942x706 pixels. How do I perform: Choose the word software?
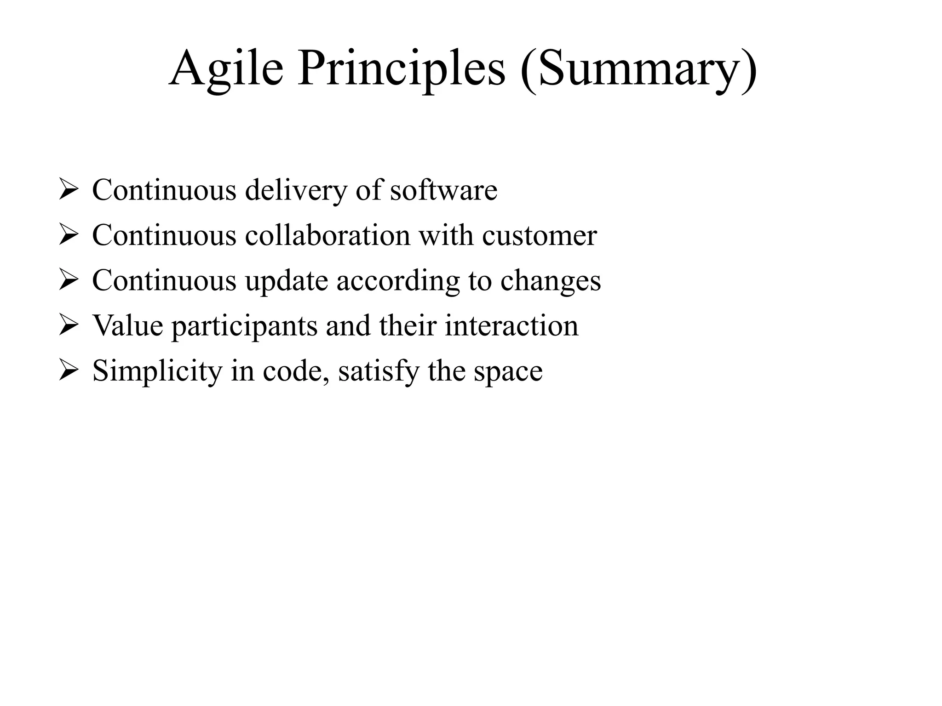[444, 190]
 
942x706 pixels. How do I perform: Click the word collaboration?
[327, 235]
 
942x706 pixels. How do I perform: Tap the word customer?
[539, 235]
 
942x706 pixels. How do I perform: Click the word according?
[398, 280]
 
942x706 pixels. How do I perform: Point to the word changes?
[550, 280]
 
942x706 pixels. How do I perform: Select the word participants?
[244, 326]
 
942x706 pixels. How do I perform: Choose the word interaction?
[511, 325]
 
